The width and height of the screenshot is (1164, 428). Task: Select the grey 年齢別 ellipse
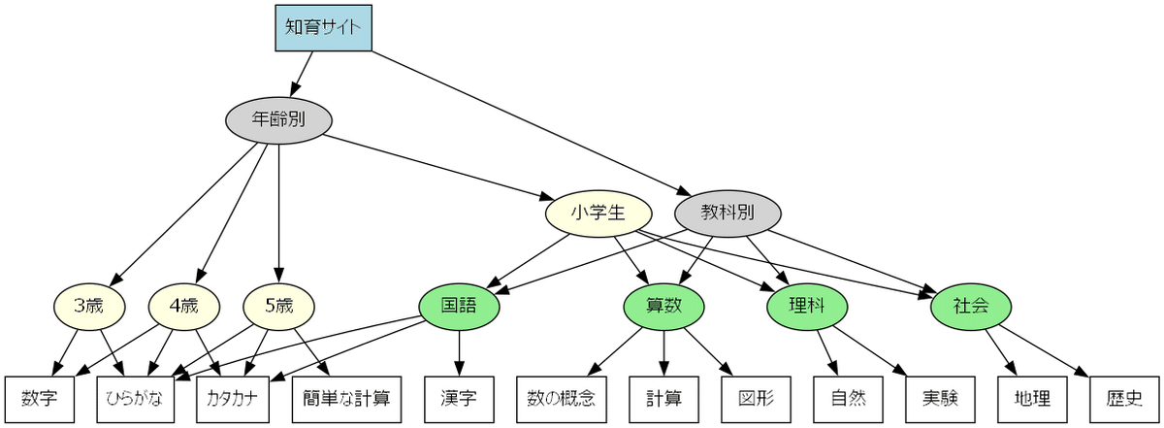click(x=279, y=120)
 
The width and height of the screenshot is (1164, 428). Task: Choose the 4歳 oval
click(x=183, y=307)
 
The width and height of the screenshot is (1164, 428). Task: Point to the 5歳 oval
click(x=278, y=307)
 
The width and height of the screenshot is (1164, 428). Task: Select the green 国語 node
click(x=460, y=307)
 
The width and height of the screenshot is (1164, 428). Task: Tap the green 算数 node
click(x=663, y=307)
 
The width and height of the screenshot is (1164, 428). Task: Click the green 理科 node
click(x=807, y=307)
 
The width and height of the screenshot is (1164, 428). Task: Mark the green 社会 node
click(x=971, y=307)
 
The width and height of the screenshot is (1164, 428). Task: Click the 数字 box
click(x=39, y=399)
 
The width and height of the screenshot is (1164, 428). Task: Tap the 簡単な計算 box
click(x=346, y=399)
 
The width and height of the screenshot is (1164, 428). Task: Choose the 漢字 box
click(x=460, y=399)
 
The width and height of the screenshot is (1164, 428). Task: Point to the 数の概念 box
click(x=562, y=399)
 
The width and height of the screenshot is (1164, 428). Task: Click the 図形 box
click(x=757, y=399)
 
